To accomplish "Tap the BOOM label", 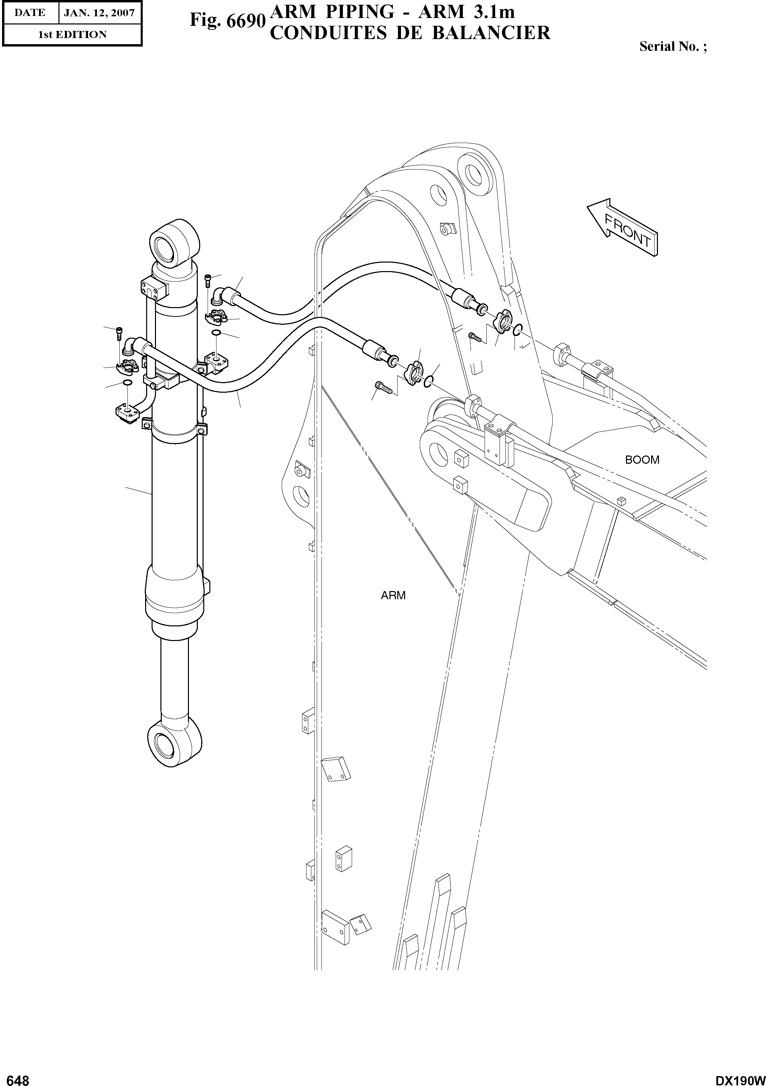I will pos(642,460).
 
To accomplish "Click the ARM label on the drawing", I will pos(393,595).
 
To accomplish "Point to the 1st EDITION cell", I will pos(72,35).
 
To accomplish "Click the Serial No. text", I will pos(672,46).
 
